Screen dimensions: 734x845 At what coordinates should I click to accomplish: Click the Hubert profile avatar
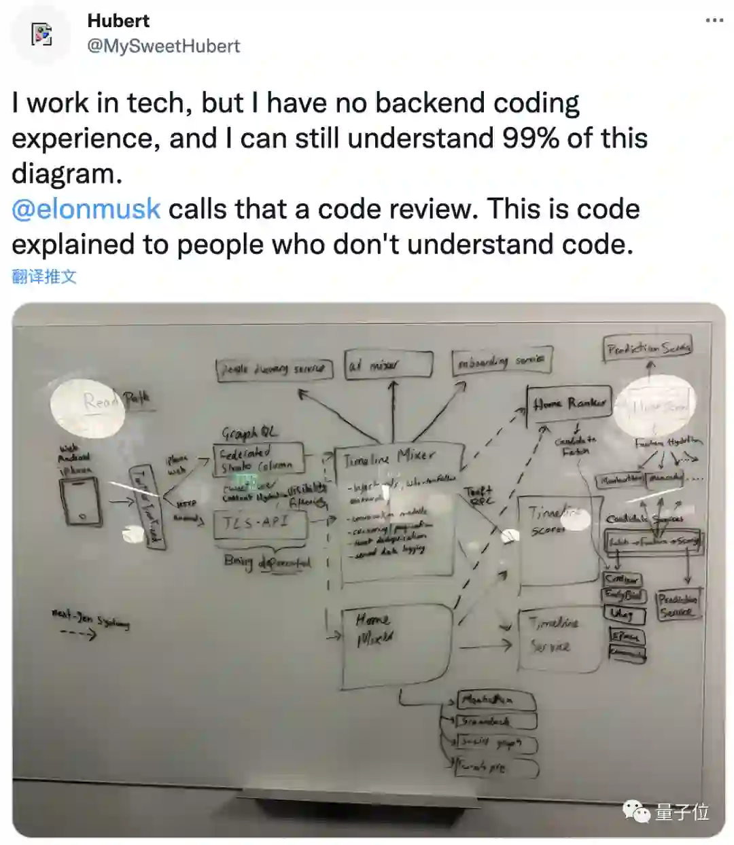pos(42,34)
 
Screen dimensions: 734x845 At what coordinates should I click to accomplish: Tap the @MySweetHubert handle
pos(163,46)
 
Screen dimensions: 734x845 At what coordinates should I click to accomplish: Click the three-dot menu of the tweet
pos(714,20)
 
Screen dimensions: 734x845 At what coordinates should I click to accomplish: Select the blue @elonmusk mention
pos(86,209)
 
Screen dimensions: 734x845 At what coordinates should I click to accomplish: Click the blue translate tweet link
pos(44,276)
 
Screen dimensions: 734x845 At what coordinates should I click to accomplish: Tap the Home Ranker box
pos(569,403)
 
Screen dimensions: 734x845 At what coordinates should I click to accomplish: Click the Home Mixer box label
pos(374,628)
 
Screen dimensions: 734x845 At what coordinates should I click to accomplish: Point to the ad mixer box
pos(388,365)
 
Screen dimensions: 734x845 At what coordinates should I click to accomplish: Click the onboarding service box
pos(502,361)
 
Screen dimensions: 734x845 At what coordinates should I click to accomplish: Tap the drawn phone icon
pos(81,501)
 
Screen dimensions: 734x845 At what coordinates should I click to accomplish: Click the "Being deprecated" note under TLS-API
pos(266,562)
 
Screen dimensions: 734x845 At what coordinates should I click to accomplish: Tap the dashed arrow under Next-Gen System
pos(78,634)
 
